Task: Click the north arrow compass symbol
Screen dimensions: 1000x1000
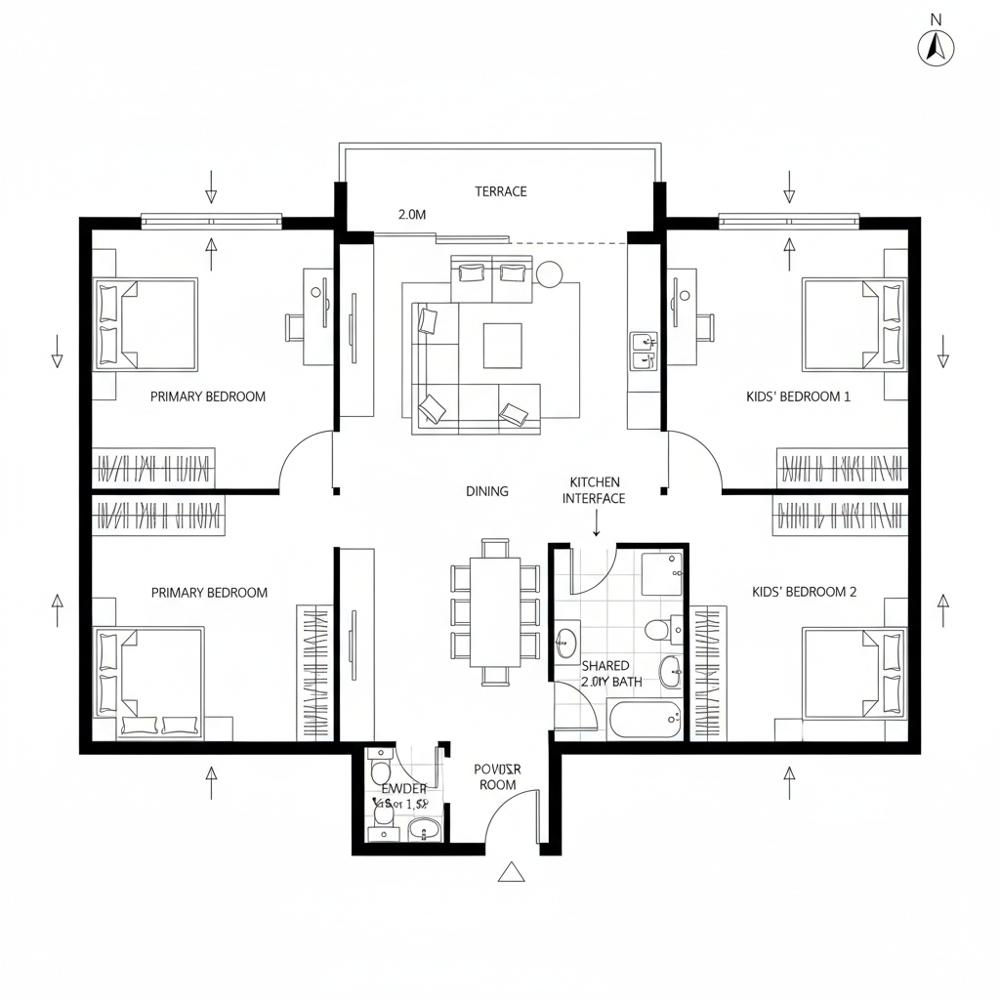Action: click(x=936, y=46)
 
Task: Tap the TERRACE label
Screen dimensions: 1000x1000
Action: click(x=501, y=191)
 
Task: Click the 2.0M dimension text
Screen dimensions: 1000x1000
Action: click(x=412, y=214)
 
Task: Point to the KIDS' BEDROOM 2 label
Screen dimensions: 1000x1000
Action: click(x=804, y=592)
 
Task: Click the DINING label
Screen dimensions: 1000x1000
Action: click(x=487, y=491)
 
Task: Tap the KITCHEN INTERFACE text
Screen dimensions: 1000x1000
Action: click(x=594, y=490)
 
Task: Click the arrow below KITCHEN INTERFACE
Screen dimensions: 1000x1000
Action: click(x=596, y=525)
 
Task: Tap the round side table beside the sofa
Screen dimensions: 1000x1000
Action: click(x=548, y=274)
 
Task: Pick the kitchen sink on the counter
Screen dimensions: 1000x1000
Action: click(x=642, y=351)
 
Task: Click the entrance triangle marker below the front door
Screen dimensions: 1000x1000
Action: click(x=511, y=873)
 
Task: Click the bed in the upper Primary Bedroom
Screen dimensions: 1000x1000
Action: click(x=146, y=323)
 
